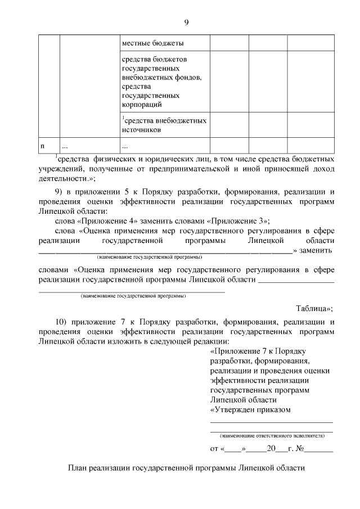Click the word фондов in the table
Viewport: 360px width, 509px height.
click(185, 77)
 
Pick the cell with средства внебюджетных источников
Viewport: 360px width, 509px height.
click(164, 125)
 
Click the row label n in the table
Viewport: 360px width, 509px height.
click(42, 146)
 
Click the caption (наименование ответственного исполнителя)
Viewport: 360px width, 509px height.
click(272, 435)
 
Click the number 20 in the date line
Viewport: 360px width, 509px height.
click(272, 449)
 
